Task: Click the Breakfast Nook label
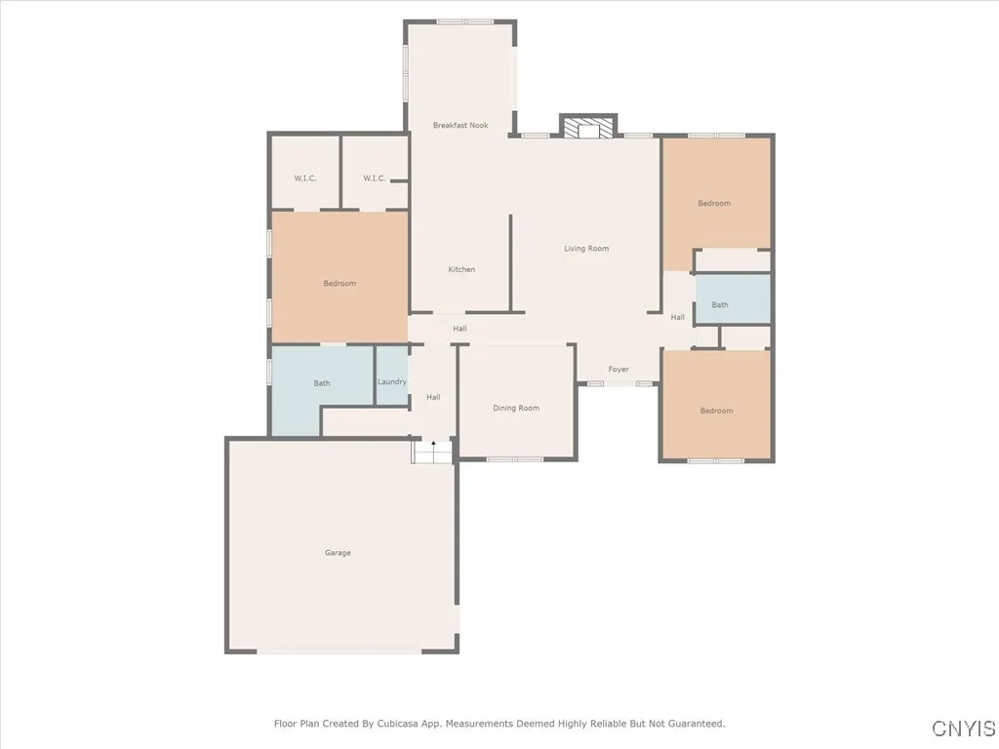click(460, 126)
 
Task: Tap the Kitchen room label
click(461, 269)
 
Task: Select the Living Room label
click(586, 249)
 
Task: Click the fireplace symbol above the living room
click(588, 128)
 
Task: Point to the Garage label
click(338, 553)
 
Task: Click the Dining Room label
click(515, 409)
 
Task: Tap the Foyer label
click(619, 370)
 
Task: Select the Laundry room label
click(392, 382)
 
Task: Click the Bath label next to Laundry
click(322, 383)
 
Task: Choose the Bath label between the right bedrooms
click(720, 305)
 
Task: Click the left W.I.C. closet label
click(305, 178)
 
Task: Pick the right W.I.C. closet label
click(374, 178)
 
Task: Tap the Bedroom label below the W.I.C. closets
click(340, 284)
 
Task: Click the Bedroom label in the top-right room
click(714, 204)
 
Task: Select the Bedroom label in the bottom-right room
click(716, 412)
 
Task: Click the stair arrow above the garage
click(434, 445)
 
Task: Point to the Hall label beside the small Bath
click(677, 318)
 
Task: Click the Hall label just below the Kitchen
click(460, 329)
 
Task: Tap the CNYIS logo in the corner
click(964, 729)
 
